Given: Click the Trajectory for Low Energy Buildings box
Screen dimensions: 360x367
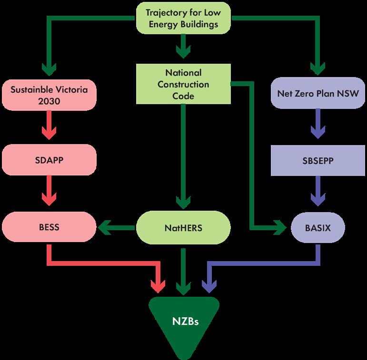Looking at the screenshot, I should click(x=183, y=18).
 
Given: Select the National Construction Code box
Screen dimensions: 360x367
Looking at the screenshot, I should click(x=183, y=85).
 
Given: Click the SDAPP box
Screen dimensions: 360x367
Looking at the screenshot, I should click(x=49, y=160).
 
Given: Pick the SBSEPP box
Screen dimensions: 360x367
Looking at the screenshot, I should click(x=317, y=160).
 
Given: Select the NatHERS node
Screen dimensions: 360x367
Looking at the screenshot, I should click(x=183, y=227).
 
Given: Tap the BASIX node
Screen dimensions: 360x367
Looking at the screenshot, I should click(x=317, y=227).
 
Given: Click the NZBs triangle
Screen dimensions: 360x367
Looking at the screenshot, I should click(x=183, y=323).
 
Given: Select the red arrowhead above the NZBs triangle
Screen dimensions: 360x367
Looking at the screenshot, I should click(x=158, y=285).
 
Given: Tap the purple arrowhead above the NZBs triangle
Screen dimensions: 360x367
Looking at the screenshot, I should click(x=208, y=285).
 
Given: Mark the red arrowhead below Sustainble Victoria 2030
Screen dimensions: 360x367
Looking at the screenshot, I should click(x=49, y=130).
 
